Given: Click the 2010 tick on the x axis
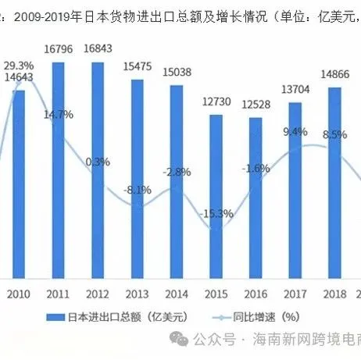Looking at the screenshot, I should [18, 294].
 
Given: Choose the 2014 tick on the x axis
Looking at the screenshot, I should [176, 294].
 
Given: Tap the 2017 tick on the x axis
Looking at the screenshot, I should [295, 294].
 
